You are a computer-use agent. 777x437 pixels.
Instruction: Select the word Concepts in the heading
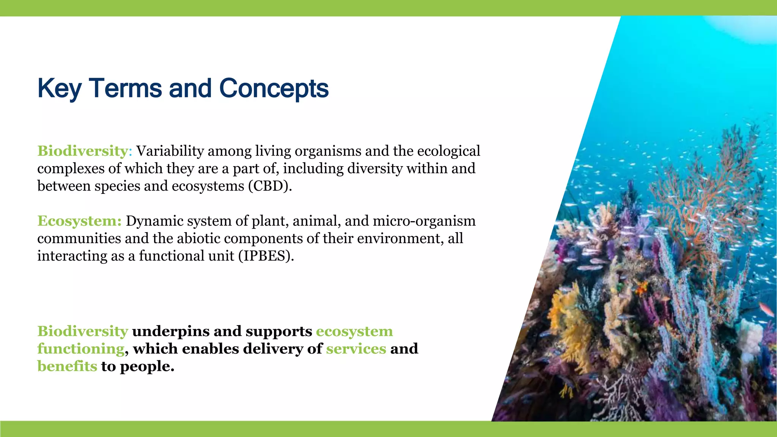tap(274, 88)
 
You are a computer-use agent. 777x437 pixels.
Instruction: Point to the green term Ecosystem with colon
tap(79, 221)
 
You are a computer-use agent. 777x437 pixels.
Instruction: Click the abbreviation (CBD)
tap(270, 186)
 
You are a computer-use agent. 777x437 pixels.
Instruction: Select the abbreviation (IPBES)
tap(266, 256)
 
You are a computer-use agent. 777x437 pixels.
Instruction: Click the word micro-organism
tap(424, 221)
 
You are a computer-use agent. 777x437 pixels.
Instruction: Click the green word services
tap(356, 349)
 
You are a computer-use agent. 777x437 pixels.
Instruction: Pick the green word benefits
tap(67, 366)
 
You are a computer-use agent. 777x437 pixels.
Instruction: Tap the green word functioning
tap(81, 349)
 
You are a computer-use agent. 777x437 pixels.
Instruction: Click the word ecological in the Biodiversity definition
tap(448, 151)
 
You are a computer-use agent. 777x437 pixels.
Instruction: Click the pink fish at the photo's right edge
tap(766, 309)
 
